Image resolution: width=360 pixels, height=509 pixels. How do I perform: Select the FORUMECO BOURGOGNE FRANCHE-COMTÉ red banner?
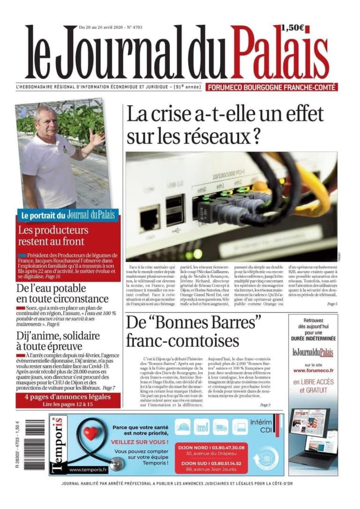coord(272,87)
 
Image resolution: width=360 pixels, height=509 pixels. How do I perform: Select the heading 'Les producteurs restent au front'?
coord(51,236)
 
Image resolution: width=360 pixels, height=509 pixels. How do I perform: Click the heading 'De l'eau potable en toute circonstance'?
coord(62,293)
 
